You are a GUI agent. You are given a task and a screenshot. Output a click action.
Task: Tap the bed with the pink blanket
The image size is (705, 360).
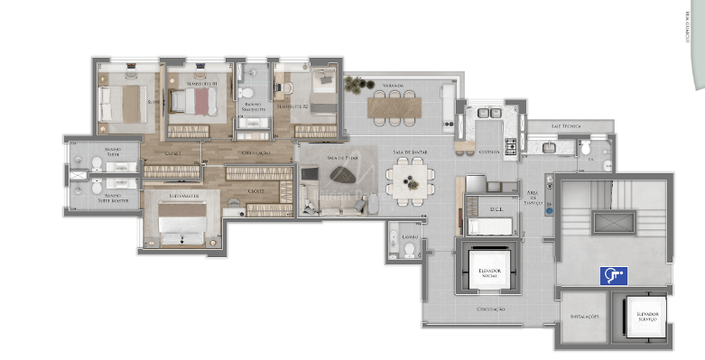click(190, 105)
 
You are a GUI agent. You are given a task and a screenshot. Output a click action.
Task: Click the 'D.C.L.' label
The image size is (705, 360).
click(495, 209)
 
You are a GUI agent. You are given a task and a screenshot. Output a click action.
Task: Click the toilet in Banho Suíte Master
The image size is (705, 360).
click(96, 190)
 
